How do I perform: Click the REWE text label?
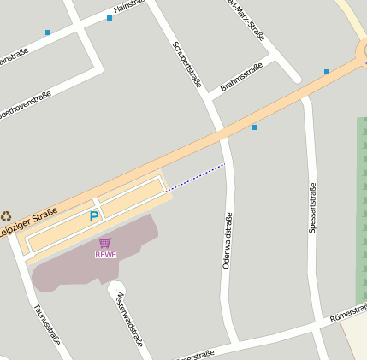click(105, 254)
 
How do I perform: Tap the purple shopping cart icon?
click(105, 243)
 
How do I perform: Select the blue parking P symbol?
click(94, 217)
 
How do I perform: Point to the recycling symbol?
click(7, 217)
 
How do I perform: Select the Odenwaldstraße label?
click(228, 241)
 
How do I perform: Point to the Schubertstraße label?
click(187, 65)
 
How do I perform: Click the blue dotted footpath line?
click(195, 177)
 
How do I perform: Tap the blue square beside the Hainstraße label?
click(110, 17)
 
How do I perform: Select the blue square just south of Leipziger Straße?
click(254, 127)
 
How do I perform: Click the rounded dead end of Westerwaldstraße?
click(116, 288)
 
